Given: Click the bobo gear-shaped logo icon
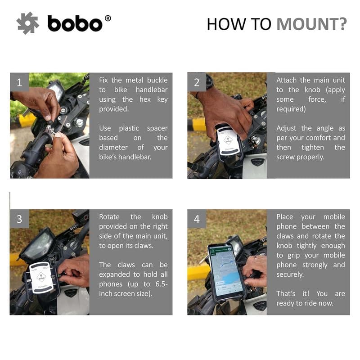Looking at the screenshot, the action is [x=27, y=23].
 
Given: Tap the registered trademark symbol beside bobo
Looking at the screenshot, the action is [x=108, y=18].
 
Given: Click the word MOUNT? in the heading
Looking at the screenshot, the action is [x=311, y=24].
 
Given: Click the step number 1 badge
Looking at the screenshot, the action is [x=19, y=82].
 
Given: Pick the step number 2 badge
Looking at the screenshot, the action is [x=197, y=82].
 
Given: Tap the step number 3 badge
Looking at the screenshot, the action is [x=19, y=219].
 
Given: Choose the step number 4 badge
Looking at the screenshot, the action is [x=197, y=219].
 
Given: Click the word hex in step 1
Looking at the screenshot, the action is [x=145, y=99].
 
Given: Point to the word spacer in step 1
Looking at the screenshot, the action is [x=157, y=129].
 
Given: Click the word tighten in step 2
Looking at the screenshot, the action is [x=313, y=148].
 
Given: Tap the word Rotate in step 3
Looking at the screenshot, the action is [x=109, y=217].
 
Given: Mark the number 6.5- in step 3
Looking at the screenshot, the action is [x=162, y=284].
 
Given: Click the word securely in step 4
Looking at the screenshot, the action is [x=290, y=274].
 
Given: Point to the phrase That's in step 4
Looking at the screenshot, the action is [x=286, y=294].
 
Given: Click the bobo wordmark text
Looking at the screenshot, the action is [x=75, y=23].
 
